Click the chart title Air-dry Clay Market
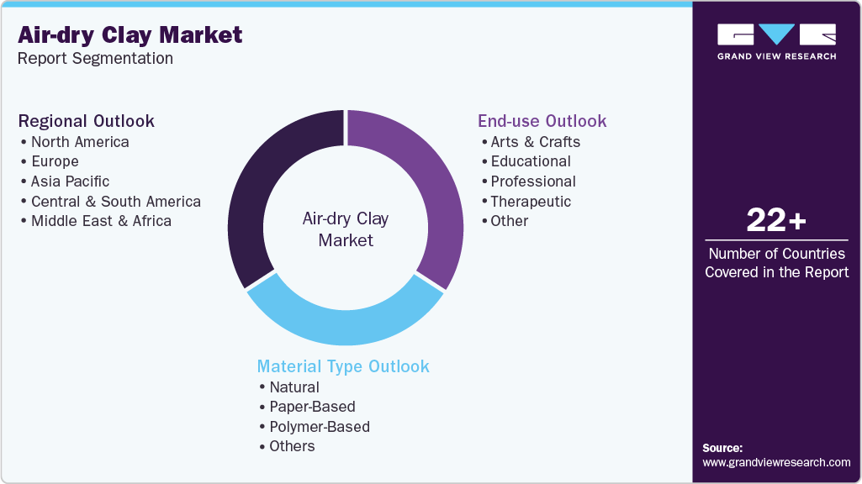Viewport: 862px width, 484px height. click(x=130, y=35)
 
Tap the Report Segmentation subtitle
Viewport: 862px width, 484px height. click(x=96, y=59)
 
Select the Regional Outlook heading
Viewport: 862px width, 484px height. click(x=87, y=121)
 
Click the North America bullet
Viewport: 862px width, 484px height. click(x=80, y=142)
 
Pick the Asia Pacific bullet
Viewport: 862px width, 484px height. click(x=70, y=181)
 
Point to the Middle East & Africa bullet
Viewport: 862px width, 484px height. click(x=101, y=221)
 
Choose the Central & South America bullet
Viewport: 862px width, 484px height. click(x=116, y=202)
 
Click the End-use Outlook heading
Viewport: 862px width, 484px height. click(x=542, y=121)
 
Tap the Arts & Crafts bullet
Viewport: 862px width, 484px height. click(x=535, y=142)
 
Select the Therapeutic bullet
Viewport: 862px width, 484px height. click(x=531, y=202)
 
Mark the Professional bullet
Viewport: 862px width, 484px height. click(x=533, y=181)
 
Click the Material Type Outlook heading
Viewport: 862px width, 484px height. click(x=343, y=366)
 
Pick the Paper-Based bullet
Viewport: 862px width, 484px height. click(x=312, y=407)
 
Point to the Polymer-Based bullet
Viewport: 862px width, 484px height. click(x=320, y=427)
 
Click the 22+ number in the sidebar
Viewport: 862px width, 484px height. click(x=776, y=221)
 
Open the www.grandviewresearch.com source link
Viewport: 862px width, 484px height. click(x=776, y=462)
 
